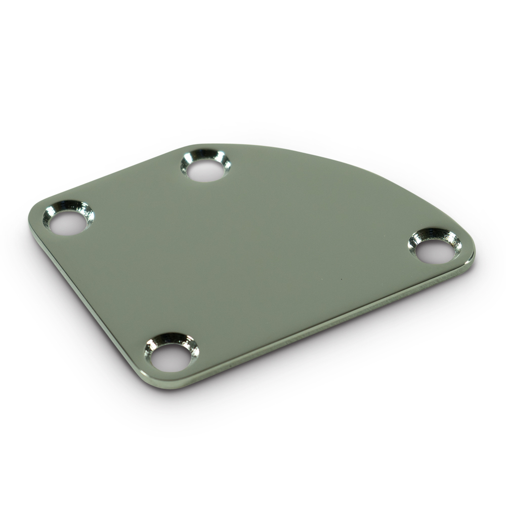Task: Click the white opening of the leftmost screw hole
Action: click(x=67, y=223)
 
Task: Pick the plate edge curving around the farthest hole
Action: click(x=202, y=145)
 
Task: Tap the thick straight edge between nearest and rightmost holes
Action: click(x=324, y=329)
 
